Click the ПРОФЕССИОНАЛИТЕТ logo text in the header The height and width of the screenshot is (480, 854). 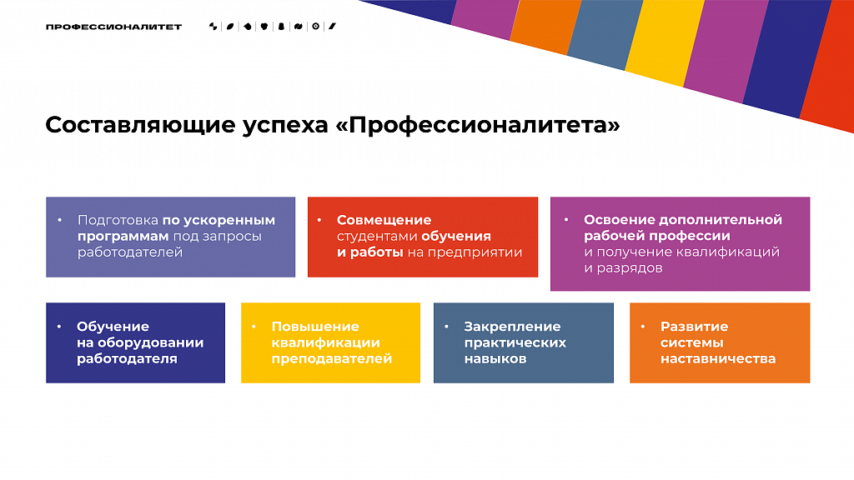coord(113,27)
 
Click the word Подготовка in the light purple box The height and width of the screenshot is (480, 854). coord(118,220)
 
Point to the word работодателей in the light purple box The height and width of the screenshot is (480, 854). coord(129,252)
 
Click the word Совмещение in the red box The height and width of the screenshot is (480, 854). coord(384,220)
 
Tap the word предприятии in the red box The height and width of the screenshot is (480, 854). coord(475,252)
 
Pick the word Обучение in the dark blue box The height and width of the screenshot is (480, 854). coord(113,327)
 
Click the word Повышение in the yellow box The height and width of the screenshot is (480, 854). coord(315,327)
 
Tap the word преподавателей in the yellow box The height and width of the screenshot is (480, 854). coord(332,359)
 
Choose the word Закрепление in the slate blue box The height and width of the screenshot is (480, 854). coord(513,327)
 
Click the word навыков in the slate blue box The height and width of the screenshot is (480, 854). coord(495,359)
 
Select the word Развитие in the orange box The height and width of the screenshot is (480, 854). coord(695,327)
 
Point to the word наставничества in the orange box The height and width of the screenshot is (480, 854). coord(718,359)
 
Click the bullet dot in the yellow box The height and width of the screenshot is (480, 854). coord(254,327)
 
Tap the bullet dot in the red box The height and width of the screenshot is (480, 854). coord(319,220)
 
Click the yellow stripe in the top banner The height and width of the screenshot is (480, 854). coord(666,41)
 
